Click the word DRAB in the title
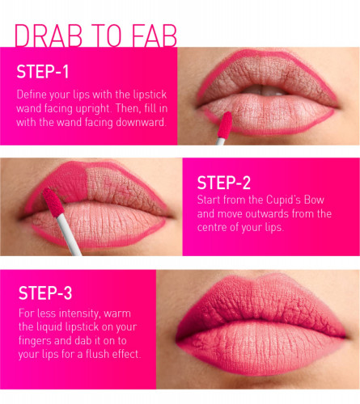pos(49,36)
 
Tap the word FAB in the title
pos(155,36)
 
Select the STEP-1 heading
pos(43,72)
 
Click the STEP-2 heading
pos(224,183)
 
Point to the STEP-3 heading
pos(45,292)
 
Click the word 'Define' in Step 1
pos(31,95)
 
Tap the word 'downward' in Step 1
pos(140,122)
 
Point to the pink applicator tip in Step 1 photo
pos(225,124)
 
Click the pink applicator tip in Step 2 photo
pos(53,202)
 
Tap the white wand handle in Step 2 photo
pos(69,234)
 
